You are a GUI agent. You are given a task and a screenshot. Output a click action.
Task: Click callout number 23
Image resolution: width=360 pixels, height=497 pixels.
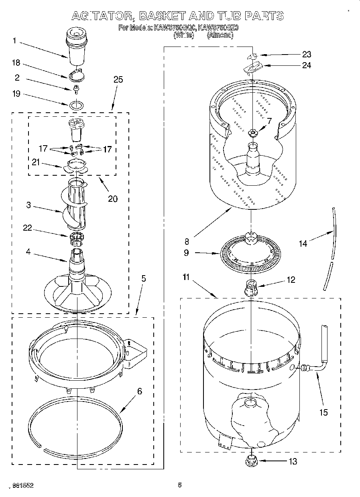[307, 54]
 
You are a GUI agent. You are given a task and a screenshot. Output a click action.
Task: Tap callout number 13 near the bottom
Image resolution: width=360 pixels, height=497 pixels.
[293, 461]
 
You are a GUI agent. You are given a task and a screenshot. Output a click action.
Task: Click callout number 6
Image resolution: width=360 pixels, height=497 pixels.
[139, 391]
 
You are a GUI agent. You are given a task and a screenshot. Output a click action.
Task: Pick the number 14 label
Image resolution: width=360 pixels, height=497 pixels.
[303, 243]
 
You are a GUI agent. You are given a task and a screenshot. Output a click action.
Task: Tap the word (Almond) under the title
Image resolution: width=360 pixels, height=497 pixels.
[220, 35]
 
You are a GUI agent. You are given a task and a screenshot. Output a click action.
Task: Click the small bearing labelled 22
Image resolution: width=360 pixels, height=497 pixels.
[77, 238]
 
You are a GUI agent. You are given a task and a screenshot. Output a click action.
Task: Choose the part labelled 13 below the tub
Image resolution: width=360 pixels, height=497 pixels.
[251, 460]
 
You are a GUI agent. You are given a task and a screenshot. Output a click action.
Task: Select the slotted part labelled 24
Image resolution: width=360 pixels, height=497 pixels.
[252, 67]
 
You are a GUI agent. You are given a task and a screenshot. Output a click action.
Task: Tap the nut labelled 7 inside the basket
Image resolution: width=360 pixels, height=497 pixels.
[252, 133]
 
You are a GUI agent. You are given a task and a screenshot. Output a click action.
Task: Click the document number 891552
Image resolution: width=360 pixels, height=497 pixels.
[22, 485]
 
